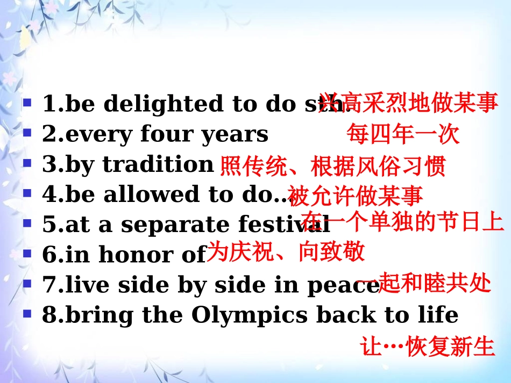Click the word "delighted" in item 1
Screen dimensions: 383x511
click(163, 104)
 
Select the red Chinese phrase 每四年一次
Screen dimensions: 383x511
click(403, 134)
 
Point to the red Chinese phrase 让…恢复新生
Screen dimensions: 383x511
click(428, 347)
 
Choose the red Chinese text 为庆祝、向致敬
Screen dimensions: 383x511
click(286, 251)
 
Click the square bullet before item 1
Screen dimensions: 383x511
click(27, 101)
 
